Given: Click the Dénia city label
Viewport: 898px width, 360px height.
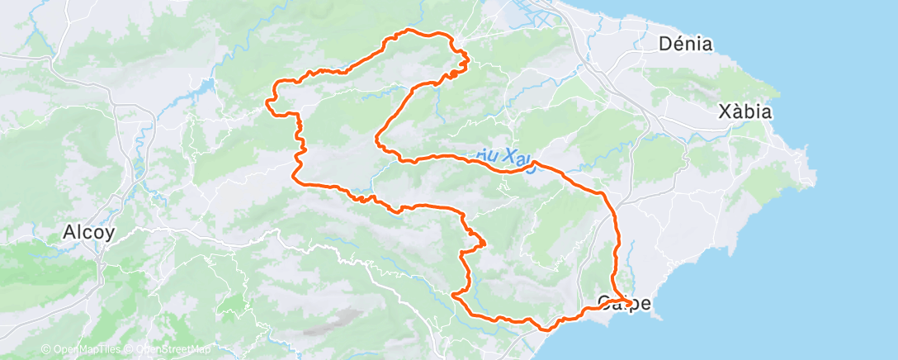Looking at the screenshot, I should [x=686, y=45].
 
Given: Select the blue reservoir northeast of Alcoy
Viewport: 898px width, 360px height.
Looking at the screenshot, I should [x=202, y=86].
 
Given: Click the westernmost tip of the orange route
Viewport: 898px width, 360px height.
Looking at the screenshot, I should [x=266, y=102].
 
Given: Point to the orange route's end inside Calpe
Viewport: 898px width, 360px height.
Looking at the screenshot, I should [x=631, y=304].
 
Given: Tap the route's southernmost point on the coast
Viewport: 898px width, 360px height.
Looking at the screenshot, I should [x=545, y=329].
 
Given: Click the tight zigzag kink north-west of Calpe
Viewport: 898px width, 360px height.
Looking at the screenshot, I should [x=477, y=241].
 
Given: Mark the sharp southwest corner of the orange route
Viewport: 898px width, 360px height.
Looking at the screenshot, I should [x=454, y=294].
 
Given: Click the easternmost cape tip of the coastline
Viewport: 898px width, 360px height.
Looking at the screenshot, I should [x=815, y=178].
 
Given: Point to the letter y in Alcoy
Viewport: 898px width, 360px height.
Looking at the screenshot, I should [x=111, y=234].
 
